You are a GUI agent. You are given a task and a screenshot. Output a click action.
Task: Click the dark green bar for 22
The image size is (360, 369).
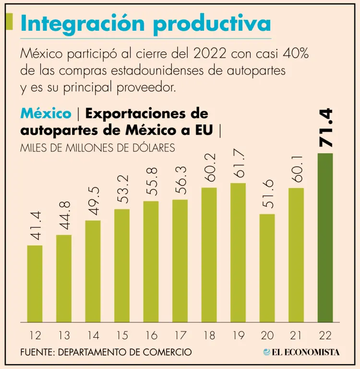tap(325, 237)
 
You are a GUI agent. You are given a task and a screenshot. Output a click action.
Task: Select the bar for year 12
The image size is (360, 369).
tap(35, 283)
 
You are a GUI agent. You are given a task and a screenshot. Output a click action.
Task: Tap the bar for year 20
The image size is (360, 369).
tap(267, 268)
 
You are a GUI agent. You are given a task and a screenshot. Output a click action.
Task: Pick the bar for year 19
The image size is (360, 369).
tap(238, 252)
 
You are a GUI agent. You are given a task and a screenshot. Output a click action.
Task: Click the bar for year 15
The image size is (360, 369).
tap(122, 265)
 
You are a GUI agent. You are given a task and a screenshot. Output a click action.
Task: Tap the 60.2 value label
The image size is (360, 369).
tap(209, 167)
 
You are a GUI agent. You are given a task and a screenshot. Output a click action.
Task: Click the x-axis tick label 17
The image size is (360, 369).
tap(180, 335)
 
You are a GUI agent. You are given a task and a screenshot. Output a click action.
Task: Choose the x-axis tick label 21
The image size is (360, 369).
tap(296, 335)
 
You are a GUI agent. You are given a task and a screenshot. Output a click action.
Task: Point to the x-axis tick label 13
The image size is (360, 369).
tap(64, 335)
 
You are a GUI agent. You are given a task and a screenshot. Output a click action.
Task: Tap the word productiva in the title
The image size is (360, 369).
tap(211, 24)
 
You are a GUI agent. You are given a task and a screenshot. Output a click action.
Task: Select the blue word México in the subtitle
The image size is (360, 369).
tap(46, 114)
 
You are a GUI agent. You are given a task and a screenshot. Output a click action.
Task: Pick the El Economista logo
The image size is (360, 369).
tap(301, 352)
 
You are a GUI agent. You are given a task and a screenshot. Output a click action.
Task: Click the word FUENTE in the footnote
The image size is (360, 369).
tap(37, 352)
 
